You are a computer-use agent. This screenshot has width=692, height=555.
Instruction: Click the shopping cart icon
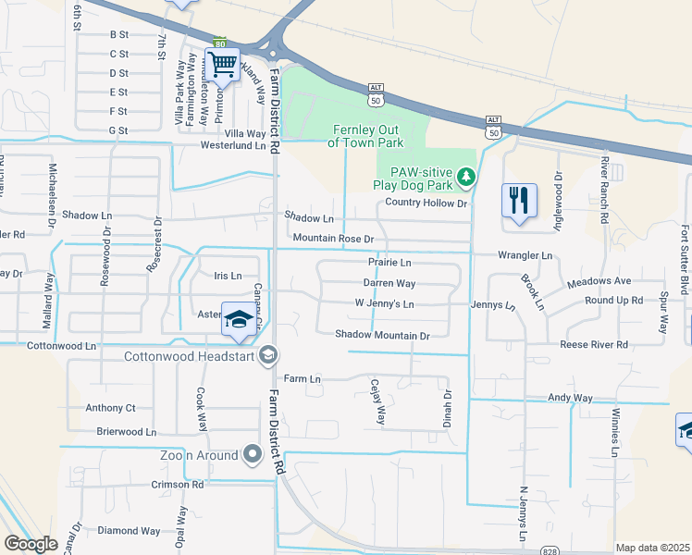tap(222, 64)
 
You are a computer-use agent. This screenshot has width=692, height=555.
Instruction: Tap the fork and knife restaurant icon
tap(518, 200)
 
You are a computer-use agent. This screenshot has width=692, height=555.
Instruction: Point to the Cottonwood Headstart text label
tap(190, 355)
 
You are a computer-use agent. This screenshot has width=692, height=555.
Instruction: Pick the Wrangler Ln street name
tap(525, 254)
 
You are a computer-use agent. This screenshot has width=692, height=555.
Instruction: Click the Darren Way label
tap(389, 284)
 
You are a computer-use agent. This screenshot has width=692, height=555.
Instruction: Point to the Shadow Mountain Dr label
tap(383, 336)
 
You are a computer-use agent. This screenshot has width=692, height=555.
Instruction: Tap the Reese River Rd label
tap(594, 344)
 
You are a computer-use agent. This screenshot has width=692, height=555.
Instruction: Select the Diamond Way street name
tap(129, 531)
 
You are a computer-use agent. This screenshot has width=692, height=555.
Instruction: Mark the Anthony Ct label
tap(110, 408)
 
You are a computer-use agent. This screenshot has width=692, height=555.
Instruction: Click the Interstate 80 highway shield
tap(219, 43)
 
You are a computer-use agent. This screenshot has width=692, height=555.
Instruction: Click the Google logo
tap(31, 544)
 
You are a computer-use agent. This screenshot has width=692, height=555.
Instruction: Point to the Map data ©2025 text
tap(652, 548)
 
